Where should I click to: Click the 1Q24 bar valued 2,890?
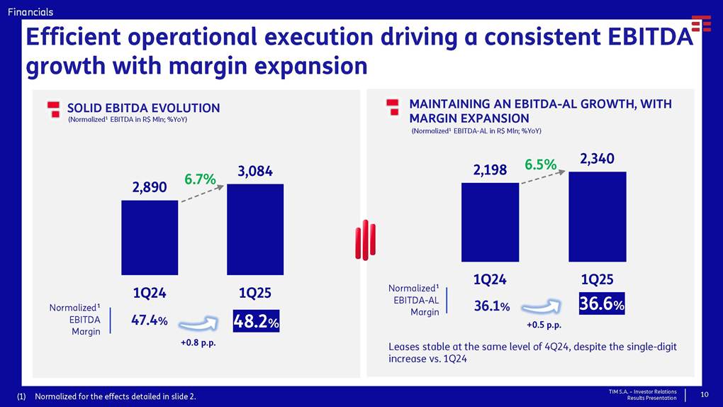tap(150, 238)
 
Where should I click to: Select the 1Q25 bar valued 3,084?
tap(254, 229)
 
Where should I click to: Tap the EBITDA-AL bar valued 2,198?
tap(490, 221)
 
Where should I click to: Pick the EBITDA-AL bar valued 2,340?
tap(597, 216)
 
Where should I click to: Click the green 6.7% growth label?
tap(200, 179)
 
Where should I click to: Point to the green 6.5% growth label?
tap(540, 165)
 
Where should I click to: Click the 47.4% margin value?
tap(150, 320)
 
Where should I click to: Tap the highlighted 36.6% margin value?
tap(602, 303)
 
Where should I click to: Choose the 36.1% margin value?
tap(491, 306)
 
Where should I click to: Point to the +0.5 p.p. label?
tap(544, 325)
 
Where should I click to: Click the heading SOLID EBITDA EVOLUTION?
tap(143, 108)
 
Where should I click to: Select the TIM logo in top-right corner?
tap(701, 23)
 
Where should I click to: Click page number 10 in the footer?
tap(705, 394)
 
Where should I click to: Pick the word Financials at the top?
tap(30, 11)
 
